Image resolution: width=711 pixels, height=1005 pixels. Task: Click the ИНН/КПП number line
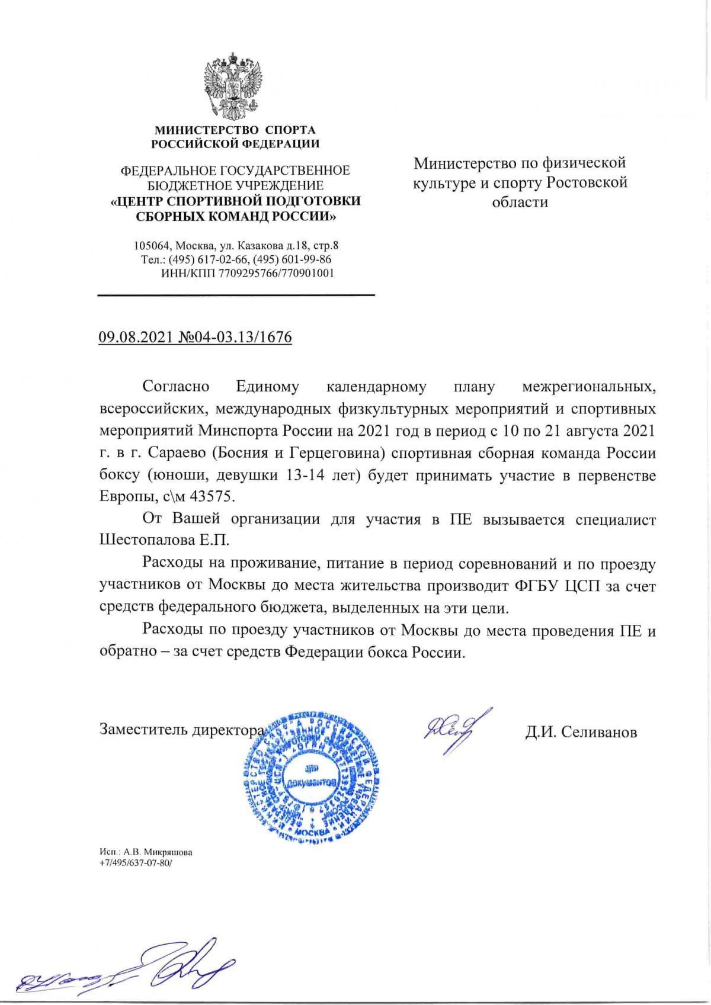(247, 274)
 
